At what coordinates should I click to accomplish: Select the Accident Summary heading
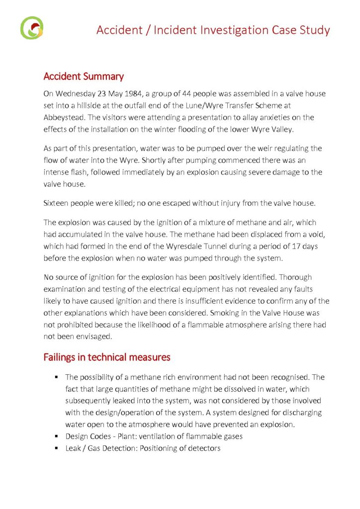tap(84, 77)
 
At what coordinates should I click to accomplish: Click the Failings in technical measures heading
tap(107, 357)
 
